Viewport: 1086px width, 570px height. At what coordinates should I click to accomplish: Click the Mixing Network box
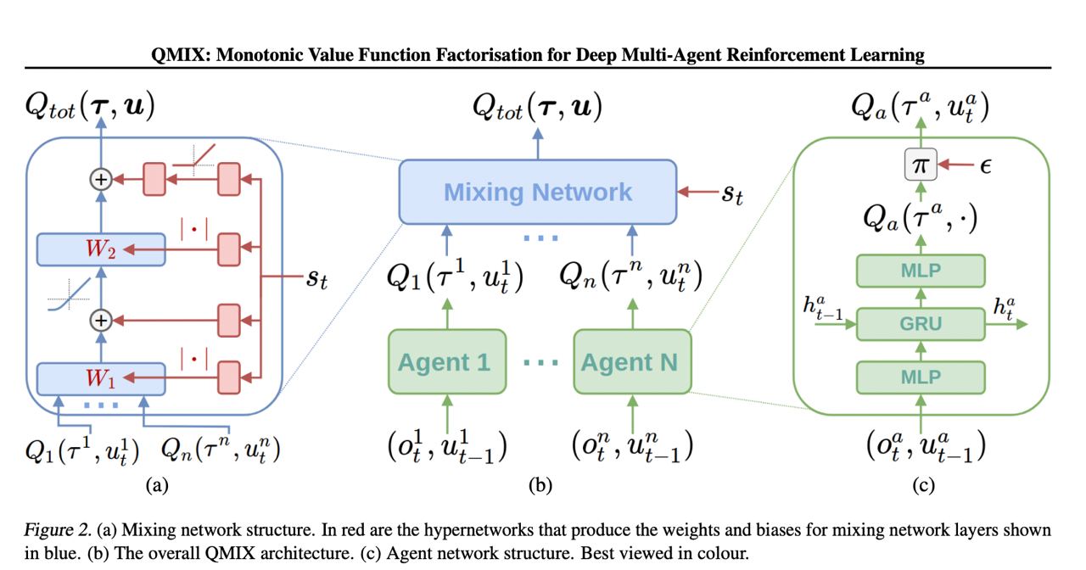[538, 192]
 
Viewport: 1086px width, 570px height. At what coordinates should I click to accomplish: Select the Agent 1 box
[445, 362]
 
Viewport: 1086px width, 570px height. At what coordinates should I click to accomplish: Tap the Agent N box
[630, 362]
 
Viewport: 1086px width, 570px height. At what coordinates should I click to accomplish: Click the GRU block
[921, 323]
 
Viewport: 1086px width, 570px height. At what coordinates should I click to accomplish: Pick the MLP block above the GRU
[921, 271]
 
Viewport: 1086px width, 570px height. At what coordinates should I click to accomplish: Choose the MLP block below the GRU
[921, 376]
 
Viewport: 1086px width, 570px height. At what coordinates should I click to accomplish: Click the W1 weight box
[101, 377]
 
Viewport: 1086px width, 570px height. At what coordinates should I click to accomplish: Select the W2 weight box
[101, 249]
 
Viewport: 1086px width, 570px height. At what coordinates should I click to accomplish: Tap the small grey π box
[921, 166]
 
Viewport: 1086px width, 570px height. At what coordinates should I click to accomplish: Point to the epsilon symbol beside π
[985, 166]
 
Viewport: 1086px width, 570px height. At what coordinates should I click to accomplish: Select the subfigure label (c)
[922, 485]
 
